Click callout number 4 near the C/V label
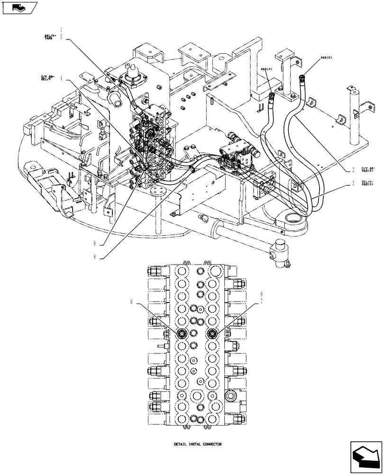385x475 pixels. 61,79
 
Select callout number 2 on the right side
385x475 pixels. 353,170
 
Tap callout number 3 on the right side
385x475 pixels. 353,182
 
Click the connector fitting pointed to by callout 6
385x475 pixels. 182,334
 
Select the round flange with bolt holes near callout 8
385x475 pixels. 156,191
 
